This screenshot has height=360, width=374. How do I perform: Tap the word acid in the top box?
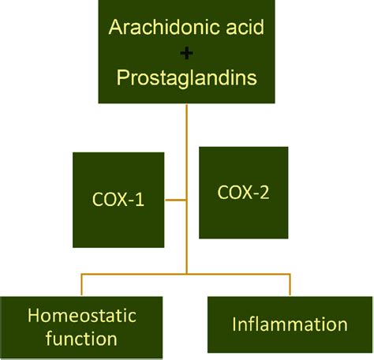pos(245,27)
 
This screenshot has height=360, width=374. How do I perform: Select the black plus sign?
pos(186,54)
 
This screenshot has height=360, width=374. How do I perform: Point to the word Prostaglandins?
pos(186,78)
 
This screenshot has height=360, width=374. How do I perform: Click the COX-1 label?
pos(118,199)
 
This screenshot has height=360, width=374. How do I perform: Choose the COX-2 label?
pos(243,192)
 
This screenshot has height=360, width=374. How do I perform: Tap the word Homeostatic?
pos(82,315)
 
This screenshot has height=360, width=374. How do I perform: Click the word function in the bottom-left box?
pos(81,339)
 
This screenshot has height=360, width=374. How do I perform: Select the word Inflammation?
pos(290,324)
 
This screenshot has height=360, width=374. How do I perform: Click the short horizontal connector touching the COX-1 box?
pos(176,200)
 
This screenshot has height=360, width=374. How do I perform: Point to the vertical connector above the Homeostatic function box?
pos(81,284)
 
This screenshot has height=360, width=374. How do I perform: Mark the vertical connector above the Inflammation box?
pos(290,284)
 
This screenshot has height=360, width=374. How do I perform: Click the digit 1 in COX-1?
pos(140,199)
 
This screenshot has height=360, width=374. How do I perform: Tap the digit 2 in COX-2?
pos(264,192)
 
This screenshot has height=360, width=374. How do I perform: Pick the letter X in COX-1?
pos(122,199)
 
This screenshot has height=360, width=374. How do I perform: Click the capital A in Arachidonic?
pos(114,27)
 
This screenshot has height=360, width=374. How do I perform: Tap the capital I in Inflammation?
pos(234,324)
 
